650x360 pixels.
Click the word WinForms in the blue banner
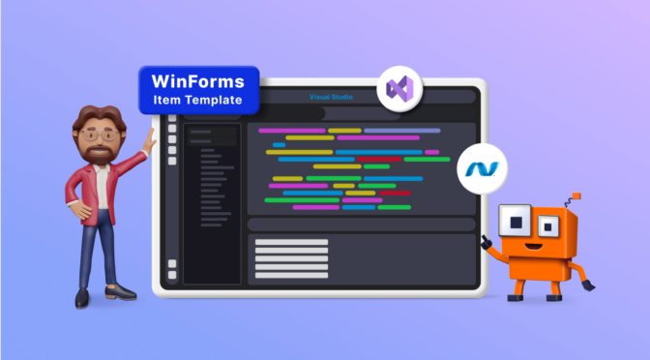coord(198,79)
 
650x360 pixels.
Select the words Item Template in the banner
coord(198,99)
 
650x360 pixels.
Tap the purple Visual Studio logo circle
coord(399,89)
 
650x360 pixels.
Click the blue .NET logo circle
coord(481,167)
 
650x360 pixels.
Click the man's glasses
coord(96,135)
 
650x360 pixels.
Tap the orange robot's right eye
coord(547,226)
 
